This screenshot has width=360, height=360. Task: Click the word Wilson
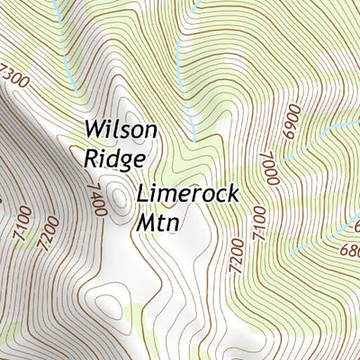(x=121, y=130)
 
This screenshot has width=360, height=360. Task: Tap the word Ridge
(x=114, y=158)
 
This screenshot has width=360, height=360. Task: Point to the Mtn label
(x=158, y=222)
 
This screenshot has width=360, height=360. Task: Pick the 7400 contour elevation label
(x=97, y=200)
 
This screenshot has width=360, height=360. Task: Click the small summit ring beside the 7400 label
(x=120, y=192)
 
